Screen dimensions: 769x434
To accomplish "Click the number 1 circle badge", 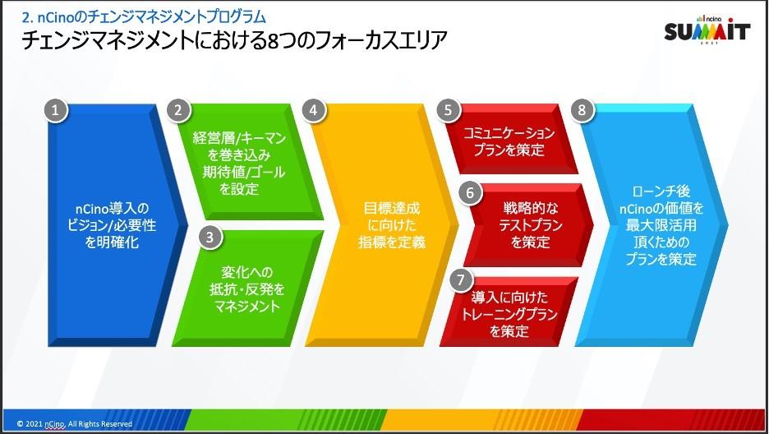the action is pos(55,110).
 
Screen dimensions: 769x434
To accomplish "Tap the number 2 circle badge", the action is pos(178,110).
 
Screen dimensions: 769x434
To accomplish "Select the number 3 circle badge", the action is pos(210,237).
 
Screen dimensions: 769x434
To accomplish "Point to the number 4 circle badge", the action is pos(313,110).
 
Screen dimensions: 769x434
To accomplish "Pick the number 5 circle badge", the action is pos(448,110).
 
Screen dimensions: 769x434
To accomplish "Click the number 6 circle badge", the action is pos(470,192).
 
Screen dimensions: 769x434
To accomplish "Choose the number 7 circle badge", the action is pos(461,280).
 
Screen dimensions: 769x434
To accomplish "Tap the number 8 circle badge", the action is pos(582,110).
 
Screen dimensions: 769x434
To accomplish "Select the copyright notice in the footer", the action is pos(75,423).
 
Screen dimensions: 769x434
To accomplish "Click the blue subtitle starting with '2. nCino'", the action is pos(145,17).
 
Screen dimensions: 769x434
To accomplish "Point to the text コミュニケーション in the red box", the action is pos(509,133).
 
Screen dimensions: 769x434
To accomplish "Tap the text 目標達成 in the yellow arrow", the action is pos(391,209).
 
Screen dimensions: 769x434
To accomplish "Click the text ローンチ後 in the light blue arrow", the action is pos(661,192).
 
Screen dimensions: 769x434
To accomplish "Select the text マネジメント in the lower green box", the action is pos(247,307).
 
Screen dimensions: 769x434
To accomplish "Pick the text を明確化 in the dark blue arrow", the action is pos(112,242).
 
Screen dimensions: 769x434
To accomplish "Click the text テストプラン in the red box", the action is pos(530,225).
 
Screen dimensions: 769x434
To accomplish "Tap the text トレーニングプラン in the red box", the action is pos(509,314).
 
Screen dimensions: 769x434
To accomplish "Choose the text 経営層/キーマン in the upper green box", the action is pos(239,138).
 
